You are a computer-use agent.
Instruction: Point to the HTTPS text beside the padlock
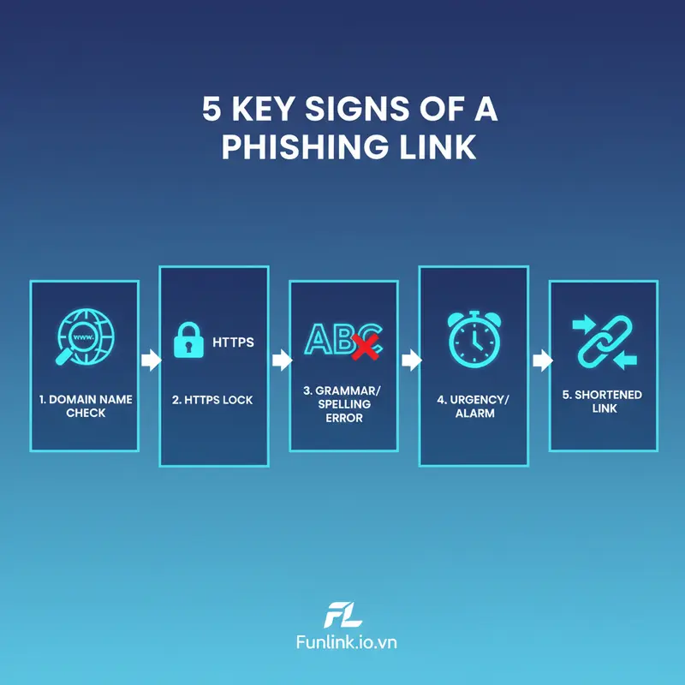233,342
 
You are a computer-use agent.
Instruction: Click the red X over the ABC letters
366,345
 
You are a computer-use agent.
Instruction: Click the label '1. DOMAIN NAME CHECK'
85,406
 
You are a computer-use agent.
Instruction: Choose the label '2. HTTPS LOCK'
213,400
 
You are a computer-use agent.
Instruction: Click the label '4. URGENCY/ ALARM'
473,405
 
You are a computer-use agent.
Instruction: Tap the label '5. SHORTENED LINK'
603,402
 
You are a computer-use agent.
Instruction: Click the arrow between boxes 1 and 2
150,360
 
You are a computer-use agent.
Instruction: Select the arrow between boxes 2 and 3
280,360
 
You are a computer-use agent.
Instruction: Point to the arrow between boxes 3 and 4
410,360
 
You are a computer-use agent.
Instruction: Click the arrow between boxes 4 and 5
540,360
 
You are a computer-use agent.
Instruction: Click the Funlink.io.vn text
342,642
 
